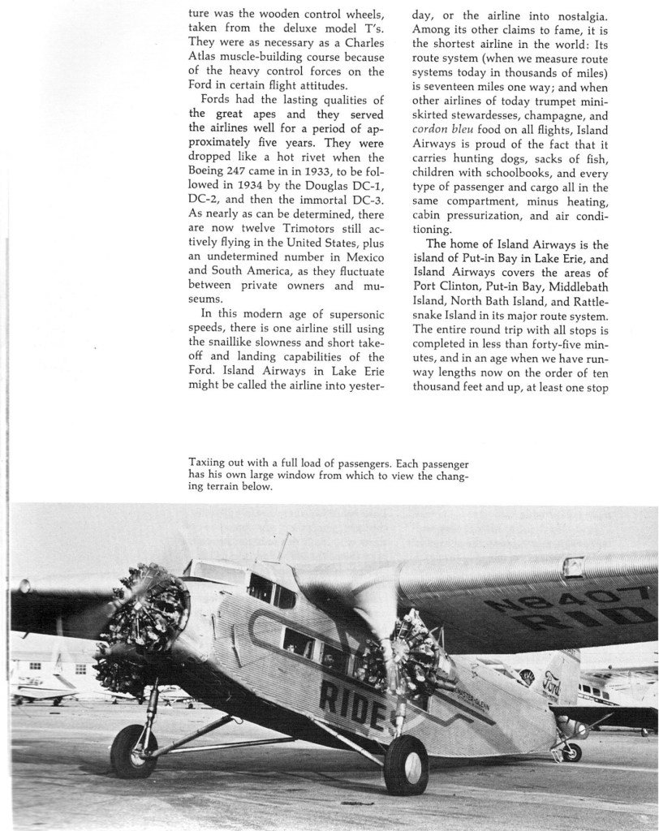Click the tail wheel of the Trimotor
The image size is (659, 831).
[572, 752]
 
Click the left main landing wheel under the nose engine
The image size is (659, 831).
[133, 751]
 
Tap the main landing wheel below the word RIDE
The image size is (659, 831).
[405, 765]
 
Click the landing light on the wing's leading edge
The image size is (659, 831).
[574, 566]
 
